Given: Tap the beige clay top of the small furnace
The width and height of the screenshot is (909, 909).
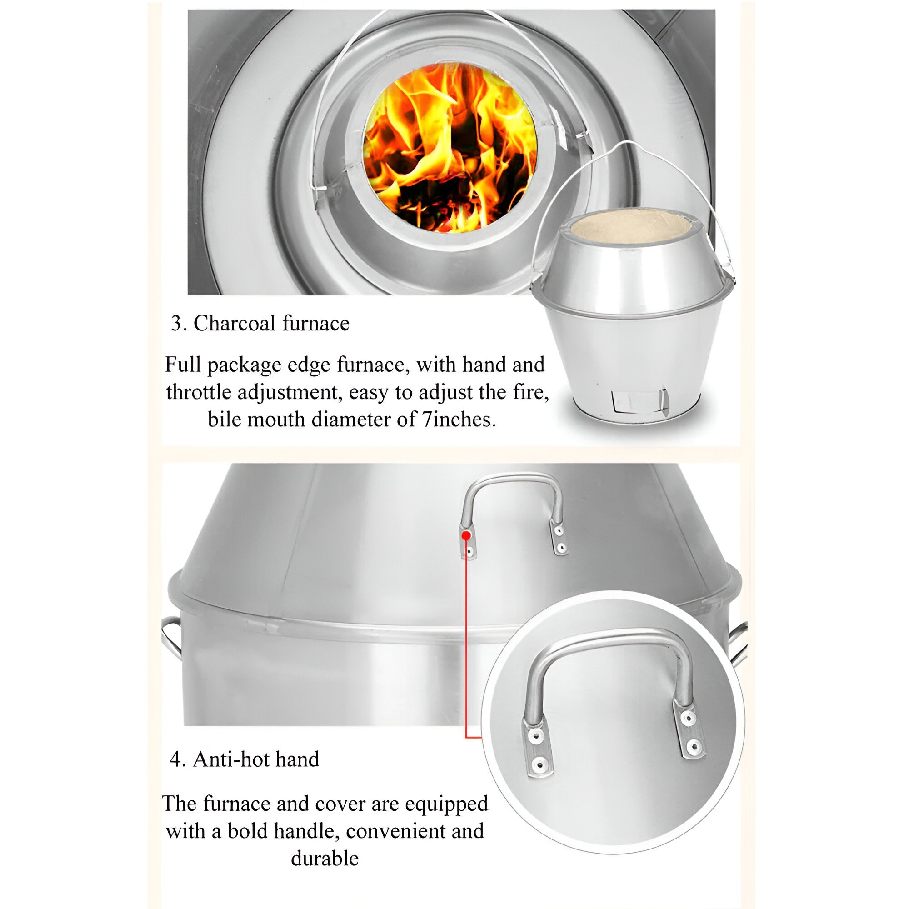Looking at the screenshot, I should [x=631, y=227].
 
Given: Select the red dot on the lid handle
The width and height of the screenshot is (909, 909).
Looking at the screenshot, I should [x=466, y=535].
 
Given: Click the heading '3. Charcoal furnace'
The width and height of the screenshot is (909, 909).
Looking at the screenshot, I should [x=260, y=324].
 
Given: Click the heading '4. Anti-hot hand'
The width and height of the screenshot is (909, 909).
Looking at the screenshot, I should [x=244, y=759].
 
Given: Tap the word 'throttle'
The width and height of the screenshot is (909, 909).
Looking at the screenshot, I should [x=198, y=392].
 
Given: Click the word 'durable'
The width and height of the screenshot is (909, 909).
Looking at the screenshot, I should [x=325, y=857].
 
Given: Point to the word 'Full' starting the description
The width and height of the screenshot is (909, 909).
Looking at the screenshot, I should [x=183, y=365].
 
